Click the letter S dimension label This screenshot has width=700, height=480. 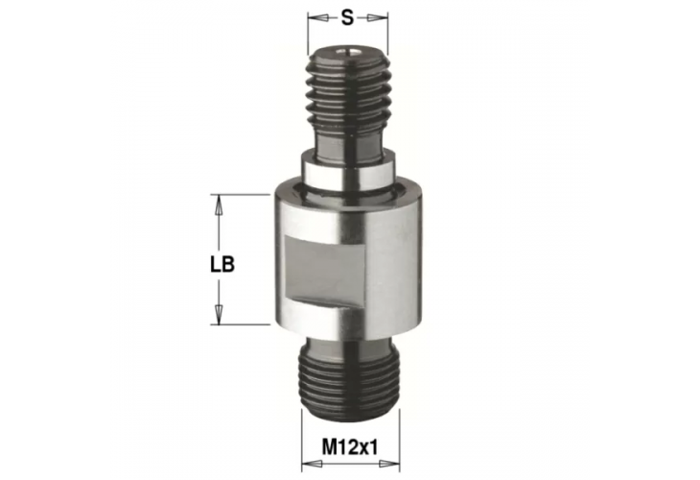pyautogui.click(x=349, y=17)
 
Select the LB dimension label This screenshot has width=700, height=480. pyautogui.click(x=222, y=262)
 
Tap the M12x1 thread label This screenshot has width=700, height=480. pyautogui.click(x=350, y=448)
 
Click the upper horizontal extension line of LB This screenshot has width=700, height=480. pyautogui.click(x=240, y=195)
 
